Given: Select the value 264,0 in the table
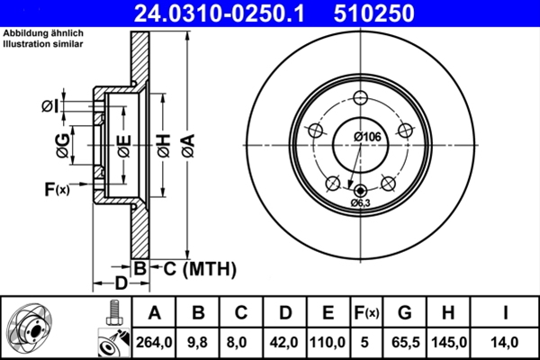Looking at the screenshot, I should point(154,341).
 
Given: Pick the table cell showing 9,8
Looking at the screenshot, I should point(198,341).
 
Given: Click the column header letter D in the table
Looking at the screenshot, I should point(285,313).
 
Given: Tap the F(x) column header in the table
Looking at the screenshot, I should point(365,313).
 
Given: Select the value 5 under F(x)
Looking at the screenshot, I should point(365,341).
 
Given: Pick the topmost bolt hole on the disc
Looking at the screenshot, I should point(361,99).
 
